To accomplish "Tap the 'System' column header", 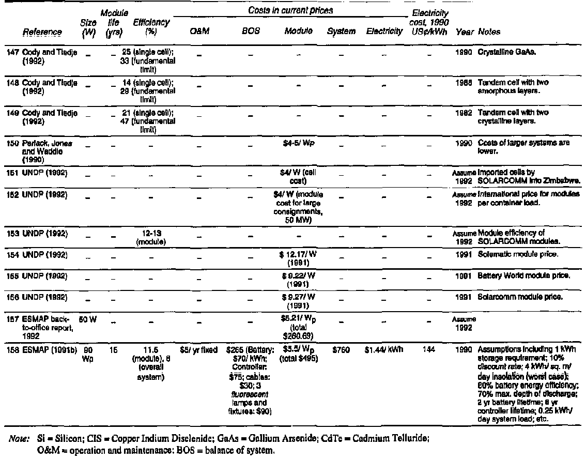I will pos(341,32).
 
